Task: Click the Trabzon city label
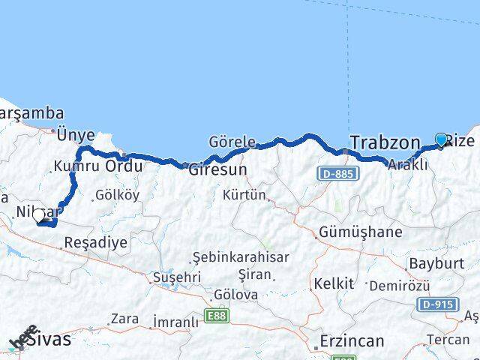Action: pyautogui.click(x=384, y=142)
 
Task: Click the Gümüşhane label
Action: pyautogui.click(x=360, y=231)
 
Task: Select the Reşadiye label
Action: pyautogui.click(x=96, y=242)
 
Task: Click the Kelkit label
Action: pyautogui.click(x=334, y=283)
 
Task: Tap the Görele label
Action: pyautogui.click(x=232, y=142)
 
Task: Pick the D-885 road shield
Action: pyautogui.click(x=337, y=173)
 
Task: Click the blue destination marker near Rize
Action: pyautogui.click(x=441, y=139)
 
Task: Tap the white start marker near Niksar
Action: pyautogui.click(x=39, y=216)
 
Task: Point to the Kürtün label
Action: pyautogui.click(x=244, y=196)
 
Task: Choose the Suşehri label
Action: pyautogui.click(x=176, y=277)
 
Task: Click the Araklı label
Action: pyautogui.click(x=409, y=165)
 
